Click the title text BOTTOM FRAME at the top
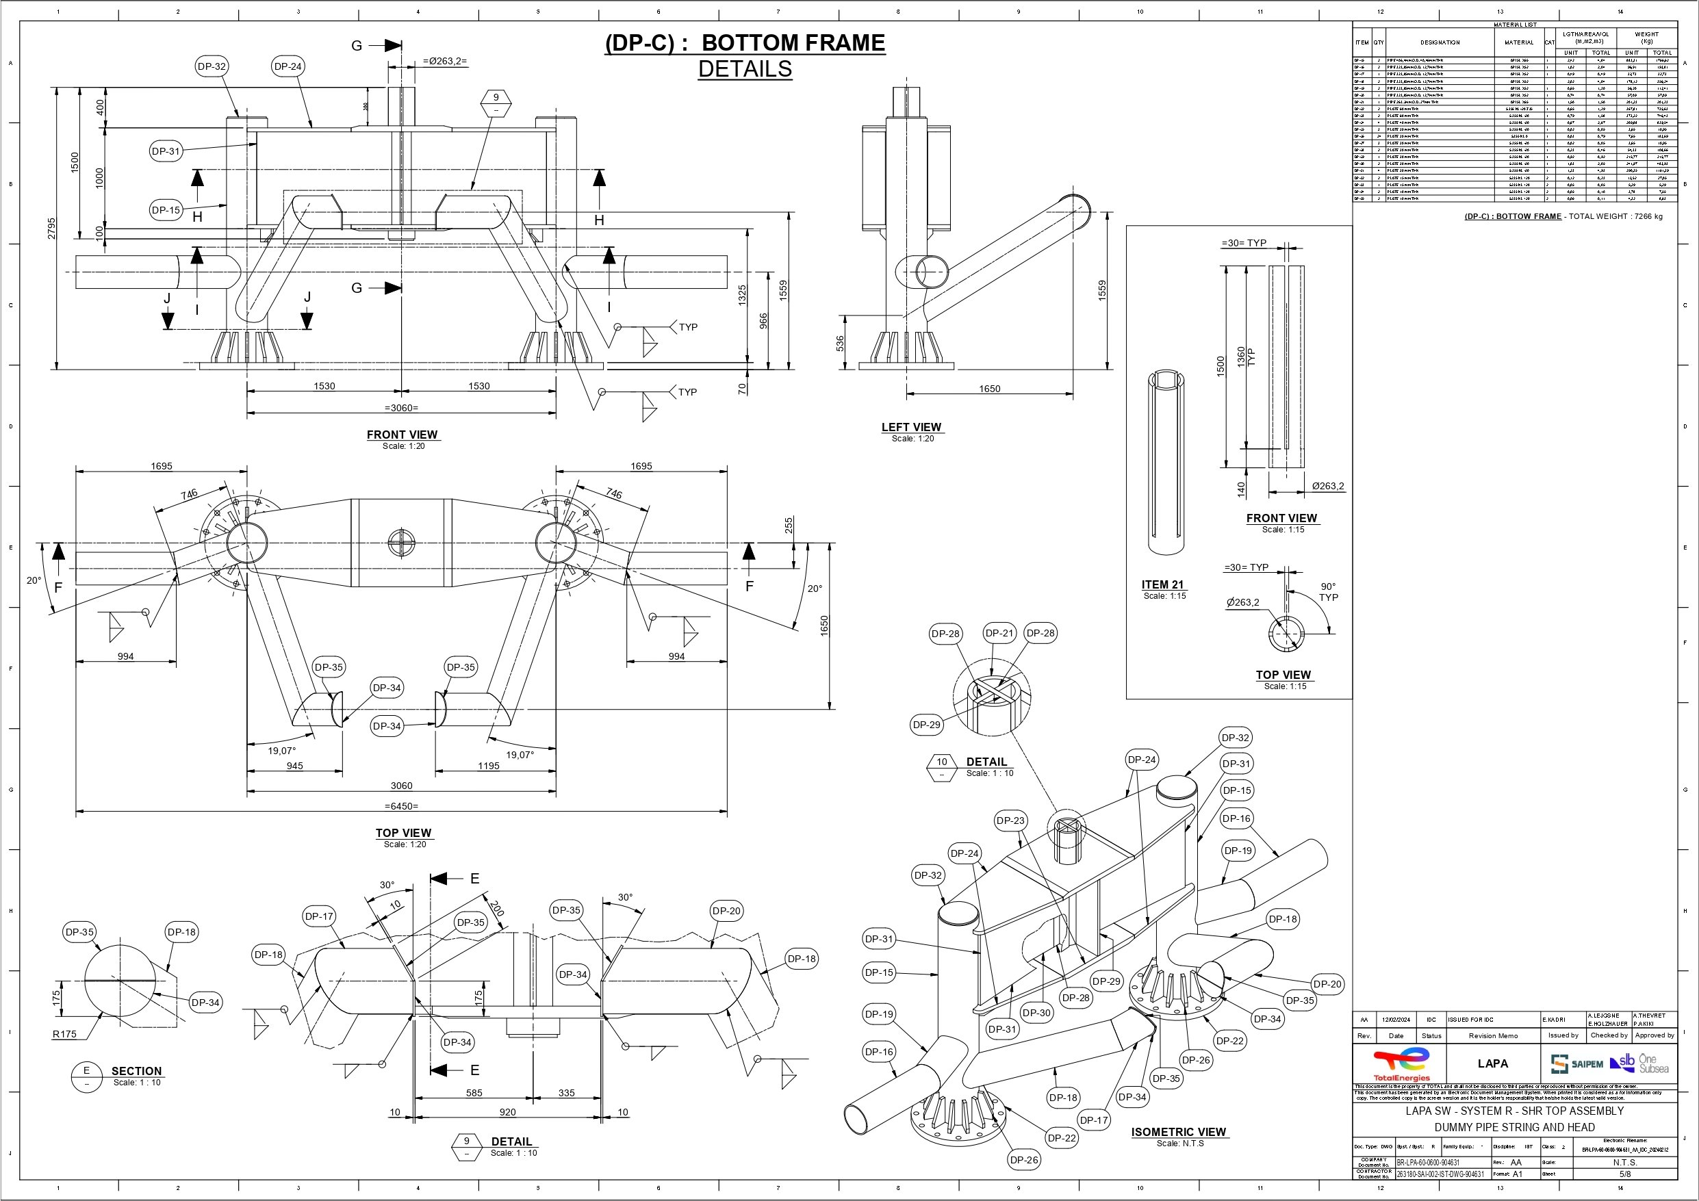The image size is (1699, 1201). coord(793,43)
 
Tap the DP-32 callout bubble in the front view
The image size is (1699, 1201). coord(211,66)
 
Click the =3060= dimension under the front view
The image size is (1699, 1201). coord(402,407)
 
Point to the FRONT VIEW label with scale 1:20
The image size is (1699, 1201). coord(402,435)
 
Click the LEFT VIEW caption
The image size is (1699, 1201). coord(911,427)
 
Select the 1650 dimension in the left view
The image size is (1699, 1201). coord(988,389)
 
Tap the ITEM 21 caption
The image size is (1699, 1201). coord(1163,584)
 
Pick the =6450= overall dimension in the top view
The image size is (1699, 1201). coord(402,806)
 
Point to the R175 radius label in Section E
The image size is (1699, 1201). coord(64,1034)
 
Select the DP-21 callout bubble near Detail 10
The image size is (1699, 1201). coord(999,634)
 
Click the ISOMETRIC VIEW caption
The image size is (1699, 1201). coord(1178,1132)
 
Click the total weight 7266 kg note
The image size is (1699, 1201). coord(1563,217)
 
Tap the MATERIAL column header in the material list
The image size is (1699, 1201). coord(1518,42)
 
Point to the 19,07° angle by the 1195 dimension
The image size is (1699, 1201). coord(520,755)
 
